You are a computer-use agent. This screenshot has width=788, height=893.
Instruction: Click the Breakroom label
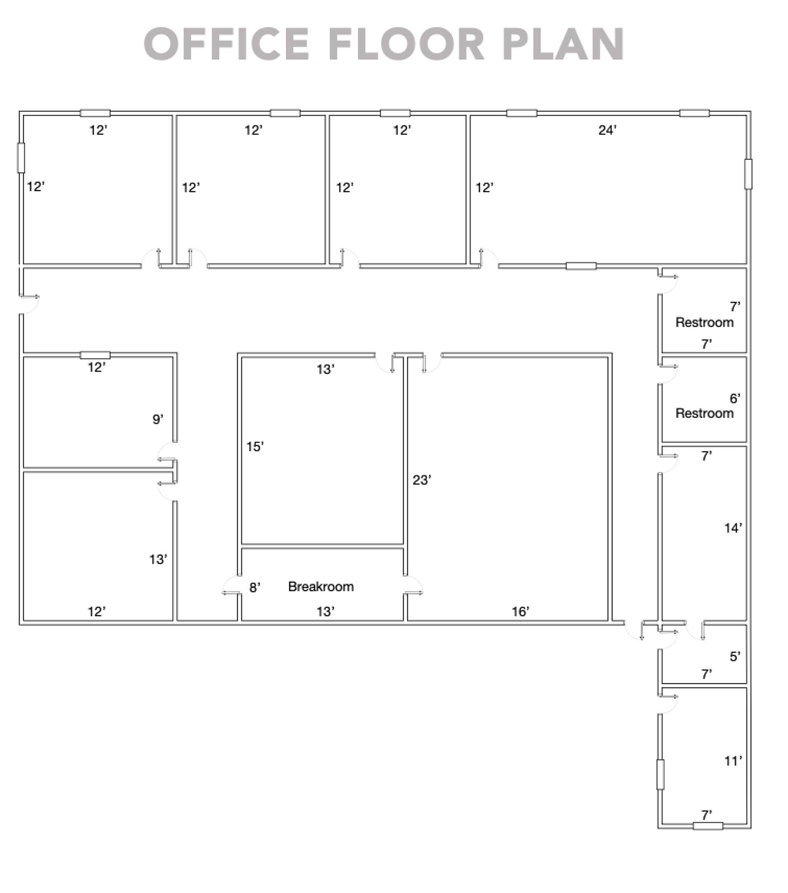(x=321, y=586)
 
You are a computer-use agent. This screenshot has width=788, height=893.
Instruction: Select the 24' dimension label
(x=607, y=130)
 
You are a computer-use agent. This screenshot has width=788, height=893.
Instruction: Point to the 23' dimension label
(x=422, y=480)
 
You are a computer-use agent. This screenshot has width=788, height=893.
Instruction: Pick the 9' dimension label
(x=158, y=419)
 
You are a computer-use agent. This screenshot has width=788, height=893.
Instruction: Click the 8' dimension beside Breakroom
(x=254, y=588)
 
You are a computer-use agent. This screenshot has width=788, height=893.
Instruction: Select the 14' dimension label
(x=733, y=528)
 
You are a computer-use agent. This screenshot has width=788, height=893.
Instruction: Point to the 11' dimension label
(x=733, y=761)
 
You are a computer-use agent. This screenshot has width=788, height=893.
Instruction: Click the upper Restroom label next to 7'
(x=705, y=322)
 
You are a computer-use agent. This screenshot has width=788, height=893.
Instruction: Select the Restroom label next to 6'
(x=705, y=413)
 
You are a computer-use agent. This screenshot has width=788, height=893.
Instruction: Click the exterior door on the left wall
(x=29, y=304)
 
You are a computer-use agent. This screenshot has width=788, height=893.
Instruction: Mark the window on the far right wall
(x=748, y=174)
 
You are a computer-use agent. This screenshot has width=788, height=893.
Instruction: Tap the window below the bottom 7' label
(x=708, y=826)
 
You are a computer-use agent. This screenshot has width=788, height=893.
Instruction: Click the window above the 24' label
(x=522, y=113)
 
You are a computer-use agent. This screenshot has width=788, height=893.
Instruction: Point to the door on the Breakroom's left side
(x=231, y=585)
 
